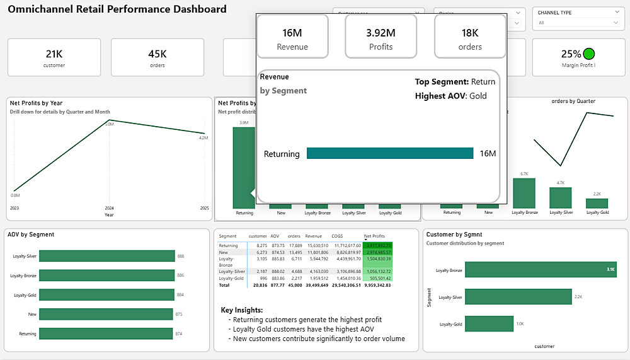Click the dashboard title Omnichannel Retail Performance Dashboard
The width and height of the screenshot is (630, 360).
coord(117,9)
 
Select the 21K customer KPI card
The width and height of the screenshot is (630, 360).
coord(54,58)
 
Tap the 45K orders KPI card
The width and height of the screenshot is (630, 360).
coord(157,58)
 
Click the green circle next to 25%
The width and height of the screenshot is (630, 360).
coord(590,54)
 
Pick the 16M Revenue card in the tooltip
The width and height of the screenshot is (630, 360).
coord(292,38)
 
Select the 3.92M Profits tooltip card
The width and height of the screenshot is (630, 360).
coord(381,38)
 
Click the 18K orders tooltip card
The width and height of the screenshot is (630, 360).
coord(470,38)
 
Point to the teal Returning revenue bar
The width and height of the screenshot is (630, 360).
coord(389,153)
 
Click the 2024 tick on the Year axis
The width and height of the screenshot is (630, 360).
coord(110,207)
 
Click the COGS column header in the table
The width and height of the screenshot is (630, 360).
coord(337,236)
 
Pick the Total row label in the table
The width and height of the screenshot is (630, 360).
coord(225,285)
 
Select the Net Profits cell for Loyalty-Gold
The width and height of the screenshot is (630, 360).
coord(377,277)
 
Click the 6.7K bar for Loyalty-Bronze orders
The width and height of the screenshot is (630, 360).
coord(524,193)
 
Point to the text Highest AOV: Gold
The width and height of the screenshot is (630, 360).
coord(450,96)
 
